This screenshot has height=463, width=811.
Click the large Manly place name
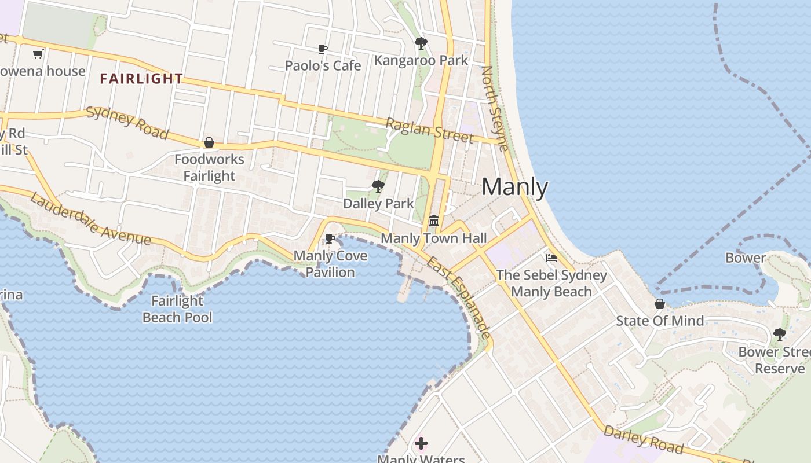point(514,187)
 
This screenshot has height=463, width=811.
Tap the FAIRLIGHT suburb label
point(141,79)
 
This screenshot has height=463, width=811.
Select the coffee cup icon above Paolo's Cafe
point(323,49)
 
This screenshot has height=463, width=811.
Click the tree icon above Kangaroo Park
point(421,43)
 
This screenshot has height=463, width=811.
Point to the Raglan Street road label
point(429,130)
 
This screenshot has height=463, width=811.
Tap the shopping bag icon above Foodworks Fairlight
point(209,142)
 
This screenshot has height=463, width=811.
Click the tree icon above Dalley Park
point(378,186)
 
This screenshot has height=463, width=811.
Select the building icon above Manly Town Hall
point(434,221)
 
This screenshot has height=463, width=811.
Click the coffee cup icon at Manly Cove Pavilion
point(330,238)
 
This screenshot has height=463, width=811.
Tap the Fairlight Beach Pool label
point(177,309)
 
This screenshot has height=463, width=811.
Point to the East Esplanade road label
point(459,298)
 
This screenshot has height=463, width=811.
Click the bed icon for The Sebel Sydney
point(551,258)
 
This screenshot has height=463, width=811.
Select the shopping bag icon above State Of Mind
point(659,304)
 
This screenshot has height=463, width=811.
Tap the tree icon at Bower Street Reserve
point(780,334)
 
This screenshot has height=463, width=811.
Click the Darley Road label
point(643,439)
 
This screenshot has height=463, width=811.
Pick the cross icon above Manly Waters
point(421,443)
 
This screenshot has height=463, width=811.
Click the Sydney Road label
point(127,123)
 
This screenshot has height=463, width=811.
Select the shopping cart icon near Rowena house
point(38,54)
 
